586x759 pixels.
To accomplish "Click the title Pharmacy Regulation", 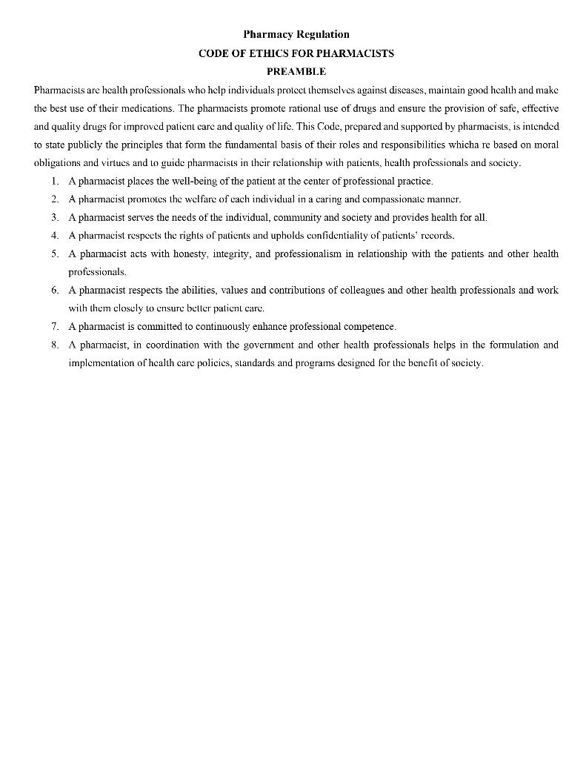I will [296, 34].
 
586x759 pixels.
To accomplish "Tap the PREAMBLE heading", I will [296, 71].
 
